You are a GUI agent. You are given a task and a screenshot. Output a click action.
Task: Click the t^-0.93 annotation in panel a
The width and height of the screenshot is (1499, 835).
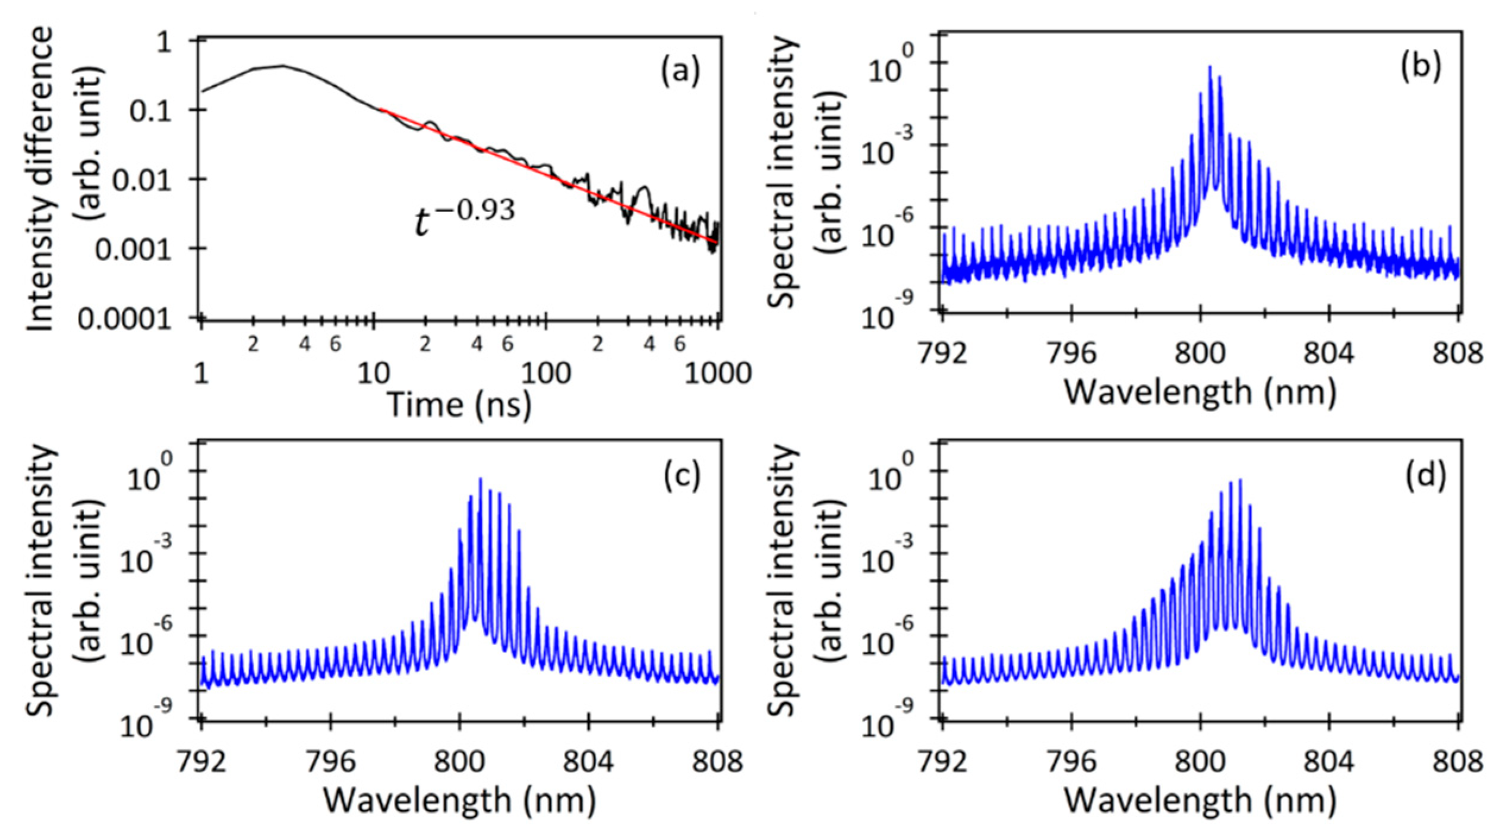tap(464, 218)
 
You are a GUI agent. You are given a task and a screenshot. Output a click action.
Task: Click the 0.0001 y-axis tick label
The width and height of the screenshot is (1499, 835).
tap(124, 320)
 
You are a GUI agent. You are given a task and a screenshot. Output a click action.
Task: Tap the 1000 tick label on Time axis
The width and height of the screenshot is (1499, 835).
tap(718, 374)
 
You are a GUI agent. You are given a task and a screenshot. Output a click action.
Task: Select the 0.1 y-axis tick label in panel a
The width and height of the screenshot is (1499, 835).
tap(151, 111)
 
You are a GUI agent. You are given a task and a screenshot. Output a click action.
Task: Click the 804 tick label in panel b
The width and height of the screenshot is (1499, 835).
tap(1328, 354)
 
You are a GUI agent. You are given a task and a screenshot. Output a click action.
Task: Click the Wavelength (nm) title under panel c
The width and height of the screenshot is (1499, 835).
tap(459, 800)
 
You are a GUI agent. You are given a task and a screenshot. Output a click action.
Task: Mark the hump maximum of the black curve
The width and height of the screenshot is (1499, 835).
tap(283, 65)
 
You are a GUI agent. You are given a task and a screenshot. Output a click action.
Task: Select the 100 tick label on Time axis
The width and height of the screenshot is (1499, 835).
tap(545, 374)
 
